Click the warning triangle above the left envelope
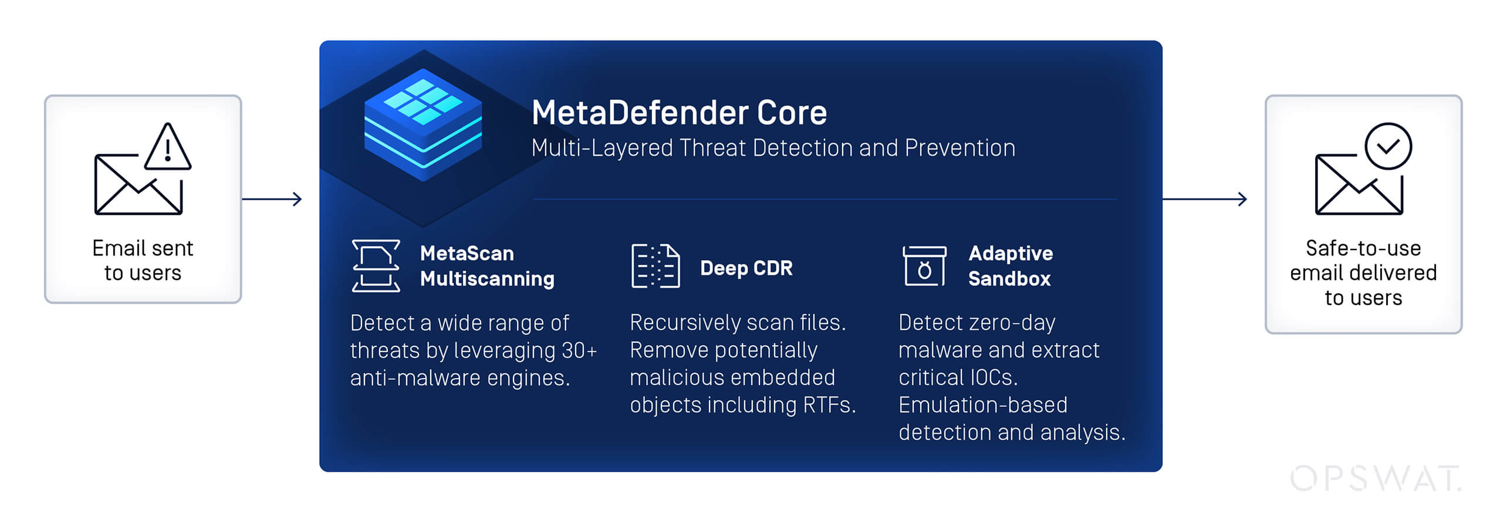click(168, 149)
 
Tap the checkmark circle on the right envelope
click(1388, 146)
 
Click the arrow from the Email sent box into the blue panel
click(272, 199)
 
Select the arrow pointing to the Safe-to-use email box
click(1204, 199)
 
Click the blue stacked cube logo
click(423, 124)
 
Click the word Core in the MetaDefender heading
click(792, 113)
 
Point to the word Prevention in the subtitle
click(960, 148)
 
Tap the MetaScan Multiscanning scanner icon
click(376, 265)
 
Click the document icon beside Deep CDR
click(655, 266)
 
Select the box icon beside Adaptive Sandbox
click(924, 266)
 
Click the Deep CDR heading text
click(746, 268)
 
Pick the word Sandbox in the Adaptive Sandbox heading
click(1009, 279)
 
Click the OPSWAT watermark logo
click(1374, 478)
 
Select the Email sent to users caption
click(143, 261)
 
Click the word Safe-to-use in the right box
click(1363, 248)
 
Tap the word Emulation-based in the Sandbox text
click(983, 405)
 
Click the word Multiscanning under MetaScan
click(487, 279)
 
